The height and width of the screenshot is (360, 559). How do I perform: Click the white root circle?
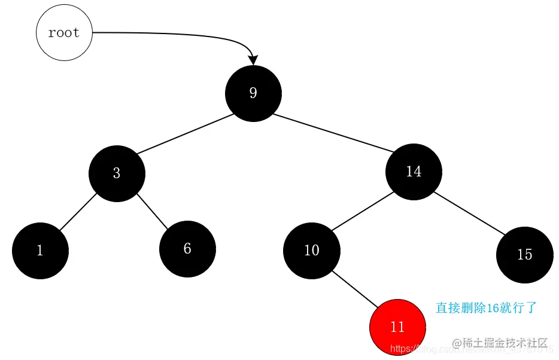[64, 33]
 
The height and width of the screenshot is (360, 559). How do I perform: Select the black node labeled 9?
[253, 93]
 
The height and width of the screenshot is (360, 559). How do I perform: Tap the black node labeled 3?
[117, 173]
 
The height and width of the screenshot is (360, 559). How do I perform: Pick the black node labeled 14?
[414, 172]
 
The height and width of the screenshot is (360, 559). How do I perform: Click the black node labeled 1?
[40, 251]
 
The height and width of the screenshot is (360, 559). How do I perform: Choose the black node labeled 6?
[187, 249]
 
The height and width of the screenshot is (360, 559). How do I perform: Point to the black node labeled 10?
[311, 251]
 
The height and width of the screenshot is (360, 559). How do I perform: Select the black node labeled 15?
[524, 255]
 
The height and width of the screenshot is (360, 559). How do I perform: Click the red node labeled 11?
[397, 327]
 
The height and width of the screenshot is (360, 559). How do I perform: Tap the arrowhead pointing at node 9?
[253, 60]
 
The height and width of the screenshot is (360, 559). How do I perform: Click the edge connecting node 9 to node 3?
[184, 134]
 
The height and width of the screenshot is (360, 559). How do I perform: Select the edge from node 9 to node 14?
[333, 133]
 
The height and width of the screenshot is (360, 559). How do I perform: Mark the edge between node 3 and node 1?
[78, 212]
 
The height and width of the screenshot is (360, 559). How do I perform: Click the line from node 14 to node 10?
[362, 211]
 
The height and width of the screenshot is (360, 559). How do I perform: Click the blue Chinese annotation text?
[486, 308]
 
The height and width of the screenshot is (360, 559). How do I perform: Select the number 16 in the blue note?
[493, 308]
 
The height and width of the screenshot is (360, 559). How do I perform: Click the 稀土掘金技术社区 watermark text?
[505, 343]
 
